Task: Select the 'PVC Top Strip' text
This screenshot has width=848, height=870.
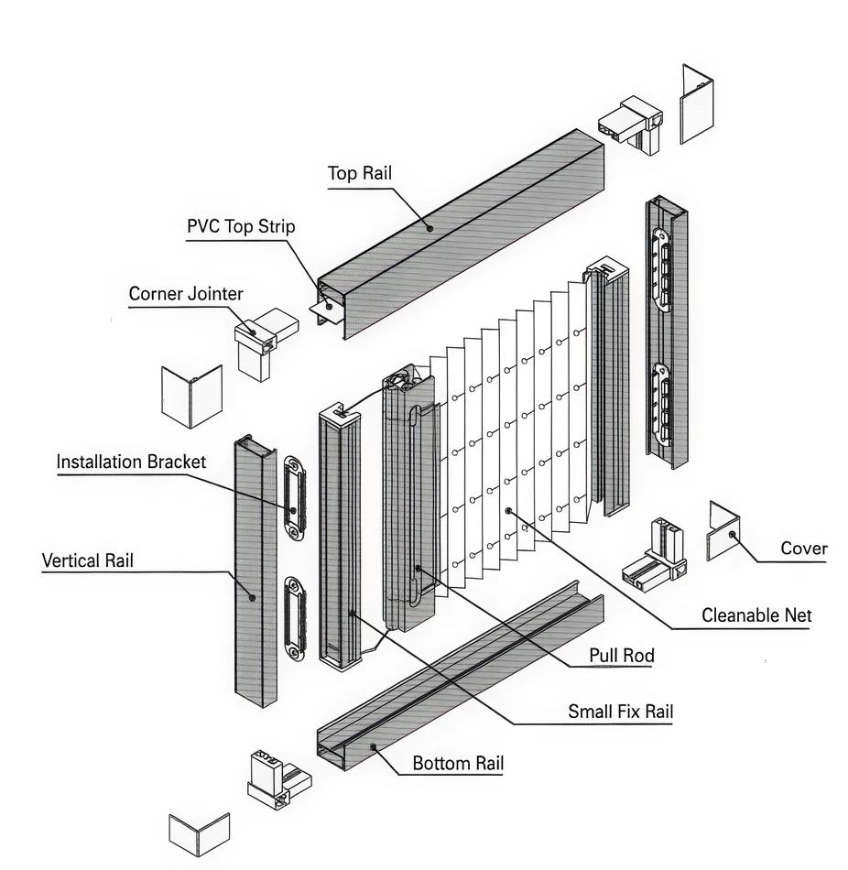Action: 241,226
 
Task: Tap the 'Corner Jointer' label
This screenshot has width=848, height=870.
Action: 186,294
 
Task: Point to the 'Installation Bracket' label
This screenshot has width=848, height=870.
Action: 131,462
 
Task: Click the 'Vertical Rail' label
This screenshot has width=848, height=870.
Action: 87,560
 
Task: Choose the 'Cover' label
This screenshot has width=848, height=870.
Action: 803,549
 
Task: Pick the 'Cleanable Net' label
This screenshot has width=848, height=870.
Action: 756,615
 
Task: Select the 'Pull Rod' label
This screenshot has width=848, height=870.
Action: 622,656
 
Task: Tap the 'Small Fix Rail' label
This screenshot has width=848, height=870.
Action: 620,712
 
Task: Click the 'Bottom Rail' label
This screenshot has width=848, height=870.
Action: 458,763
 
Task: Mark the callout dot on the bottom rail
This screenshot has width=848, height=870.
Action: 374,747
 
